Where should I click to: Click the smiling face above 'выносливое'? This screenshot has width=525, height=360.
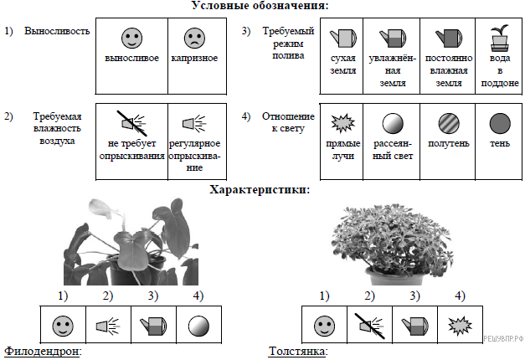(x=131, y=38)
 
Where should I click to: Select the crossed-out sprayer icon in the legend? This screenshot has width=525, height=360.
(x=131, y=124)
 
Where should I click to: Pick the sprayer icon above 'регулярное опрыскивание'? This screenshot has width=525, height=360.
(x=193, y=124)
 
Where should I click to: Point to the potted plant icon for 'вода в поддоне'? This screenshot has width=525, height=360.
(x=500, y=36)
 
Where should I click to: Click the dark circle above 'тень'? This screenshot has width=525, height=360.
(x=500, y=124)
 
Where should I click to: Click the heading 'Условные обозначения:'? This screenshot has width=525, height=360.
(x=260, y=6)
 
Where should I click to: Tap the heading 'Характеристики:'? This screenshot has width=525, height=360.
(x=260, y=190)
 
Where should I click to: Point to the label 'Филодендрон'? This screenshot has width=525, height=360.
(x=42, y=352)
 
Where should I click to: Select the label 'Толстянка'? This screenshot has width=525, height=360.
(x=296, y=352)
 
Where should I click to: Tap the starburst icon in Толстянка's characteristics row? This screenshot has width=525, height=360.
(x=459, y=324)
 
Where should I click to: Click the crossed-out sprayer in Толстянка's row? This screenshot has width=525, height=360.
(x=367, y=324)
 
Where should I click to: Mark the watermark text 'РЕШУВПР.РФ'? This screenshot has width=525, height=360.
(x=502, y=337)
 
